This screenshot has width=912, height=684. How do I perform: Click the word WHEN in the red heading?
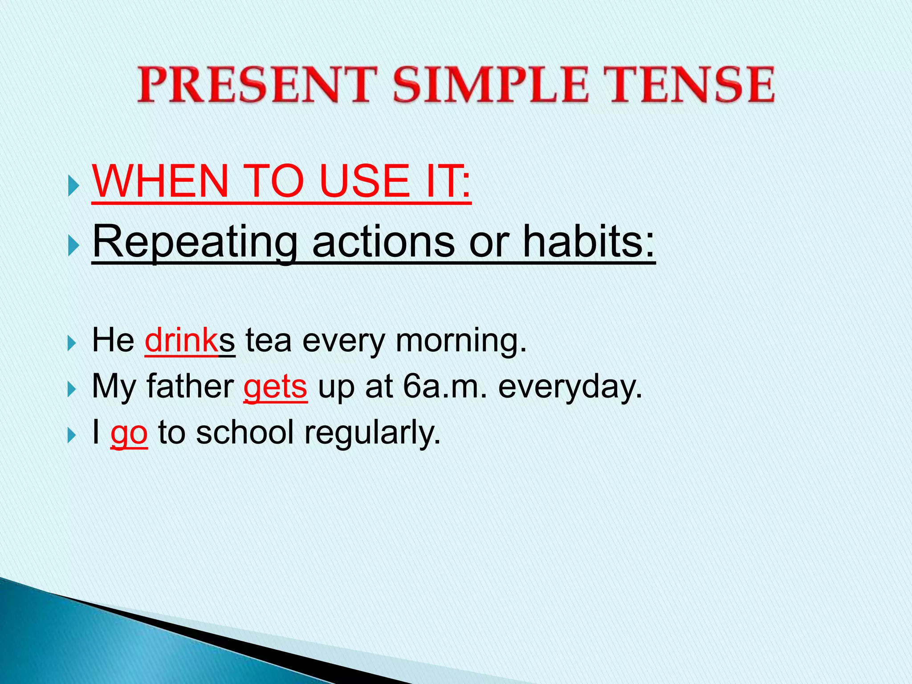coord(160,181)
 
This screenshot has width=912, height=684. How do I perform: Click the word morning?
coord(461,341)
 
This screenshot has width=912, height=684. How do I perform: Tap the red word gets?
coord(275,387)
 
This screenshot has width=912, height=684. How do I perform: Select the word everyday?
coord(570,387)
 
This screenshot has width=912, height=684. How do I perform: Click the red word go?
coord(129,433)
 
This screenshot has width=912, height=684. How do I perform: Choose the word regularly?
coord(372,433)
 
